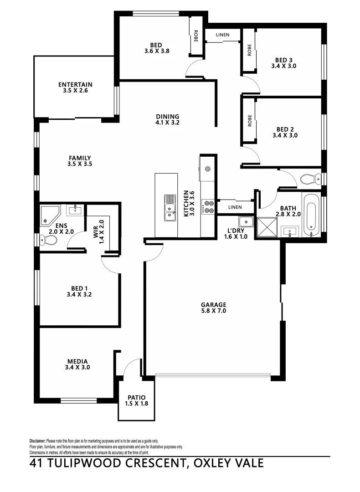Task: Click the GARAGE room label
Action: [214, 304]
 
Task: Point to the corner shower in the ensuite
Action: [49, 215]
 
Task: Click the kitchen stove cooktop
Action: [208, 207]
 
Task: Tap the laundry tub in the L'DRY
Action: [248, 222]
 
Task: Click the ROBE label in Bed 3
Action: [249, 50]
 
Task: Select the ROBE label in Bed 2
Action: [249, 120]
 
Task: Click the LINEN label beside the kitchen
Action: [235, 207]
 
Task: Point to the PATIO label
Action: [136, 397]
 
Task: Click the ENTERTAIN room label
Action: [75, 84]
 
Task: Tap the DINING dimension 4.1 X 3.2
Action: [167, 123]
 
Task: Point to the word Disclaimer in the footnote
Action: [37, 441]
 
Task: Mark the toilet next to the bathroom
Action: [308, 179]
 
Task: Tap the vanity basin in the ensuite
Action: [74, 210]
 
